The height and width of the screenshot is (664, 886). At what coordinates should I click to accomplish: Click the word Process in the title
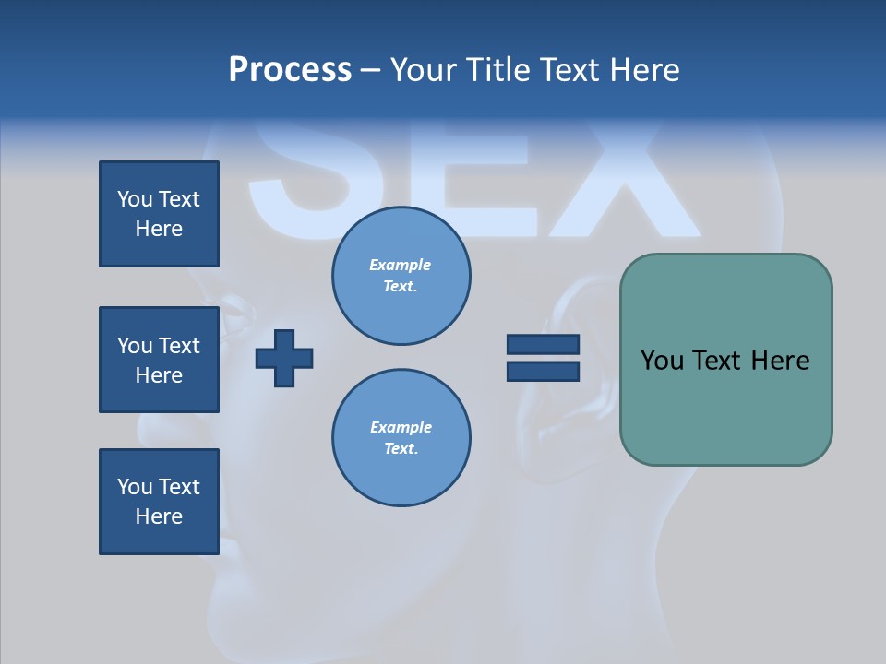[x=290, y=70]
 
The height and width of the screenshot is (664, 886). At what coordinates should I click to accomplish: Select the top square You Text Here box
[x=159, y=214]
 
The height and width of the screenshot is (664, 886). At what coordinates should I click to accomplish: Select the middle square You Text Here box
[x=159, y=360]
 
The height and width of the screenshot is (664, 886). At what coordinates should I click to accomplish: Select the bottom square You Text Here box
[x=159, y=502]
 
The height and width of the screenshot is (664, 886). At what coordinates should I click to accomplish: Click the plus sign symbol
[x=284, y=358]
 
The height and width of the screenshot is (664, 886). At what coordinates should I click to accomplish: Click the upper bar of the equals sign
[x=543, y=344]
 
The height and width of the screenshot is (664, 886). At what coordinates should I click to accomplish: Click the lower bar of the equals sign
[x=543, y=371]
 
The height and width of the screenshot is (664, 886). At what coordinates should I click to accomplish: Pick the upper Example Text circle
[x=401, y=276]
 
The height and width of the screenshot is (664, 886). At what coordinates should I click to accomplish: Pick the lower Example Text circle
[x=401, y=438]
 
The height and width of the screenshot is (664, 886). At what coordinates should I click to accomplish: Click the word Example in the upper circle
[x=400, y=265]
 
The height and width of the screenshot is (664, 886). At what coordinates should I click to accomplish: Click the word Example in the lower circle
[x=400, y=427]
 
